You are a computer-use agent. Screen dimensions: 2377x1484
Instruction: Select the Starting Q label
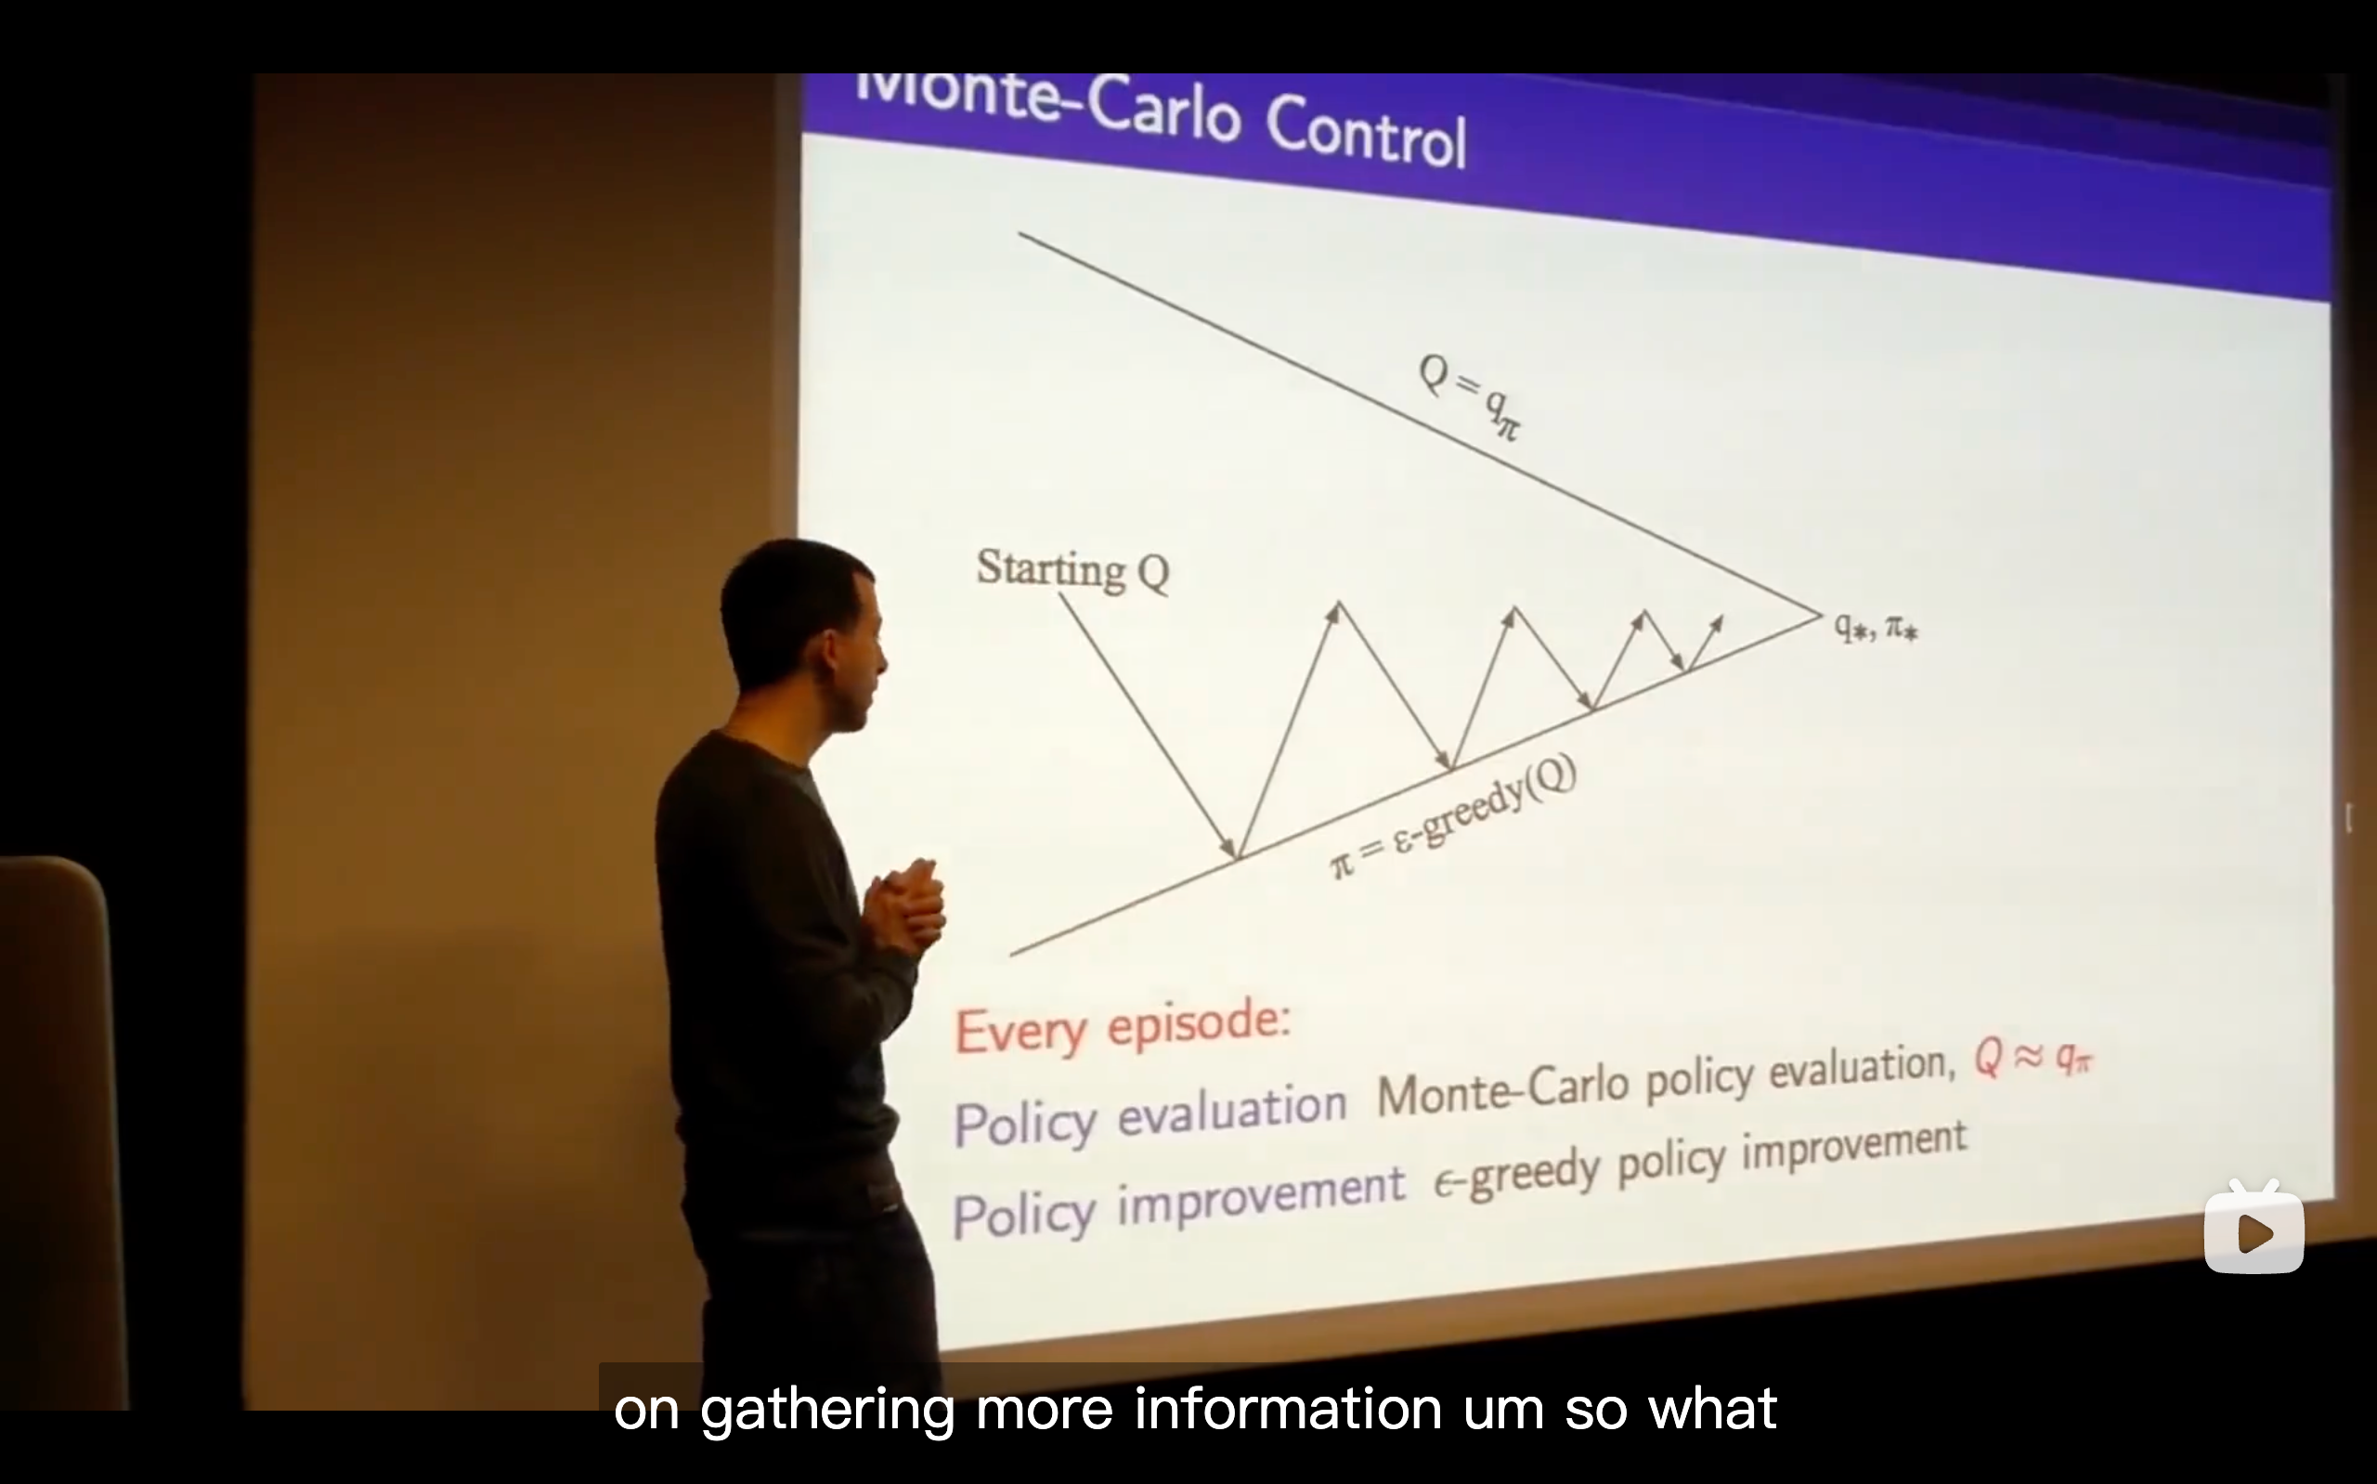pos(1072,569)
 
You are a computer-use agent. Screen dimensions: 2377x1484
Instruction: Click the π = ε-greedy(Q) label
pos(1453,816)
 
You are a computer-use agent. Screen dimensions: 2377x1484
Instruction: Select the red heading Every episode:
pos(1123,1026)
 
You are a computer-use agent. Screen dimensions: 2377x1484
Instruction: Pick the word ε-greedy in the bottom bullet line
pos(1516,1176)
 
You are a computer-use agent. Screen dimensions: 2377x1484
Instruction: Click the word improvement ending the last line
pos(1854,1144)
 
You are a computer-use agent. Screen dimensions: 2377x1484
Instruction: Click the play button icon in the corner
pos(2254,1229)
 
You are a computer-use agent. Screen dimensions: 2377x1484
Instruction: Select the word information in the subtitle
pos(1288,1410)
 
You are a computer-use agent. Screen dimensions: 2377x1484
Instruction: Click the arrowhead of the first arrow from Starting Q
pos(1228,847)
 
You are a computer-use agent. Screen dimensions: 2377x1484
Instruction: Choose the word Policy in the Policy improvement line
pos(1024,1215)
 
